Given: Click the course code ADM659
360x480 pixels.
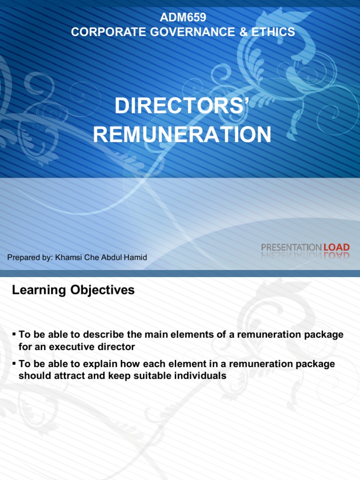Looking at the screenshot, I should point(183,18).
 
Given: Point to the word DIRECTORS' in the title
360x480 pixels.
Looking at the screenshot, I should point(181,106).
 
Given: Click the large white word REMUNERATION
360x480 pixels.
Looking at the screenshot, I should point(182,135).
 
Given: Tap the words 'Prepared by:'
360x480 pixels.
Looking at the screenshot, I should point(30,257).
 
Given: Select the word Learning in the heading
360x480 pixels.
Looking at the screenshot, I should point(39,290).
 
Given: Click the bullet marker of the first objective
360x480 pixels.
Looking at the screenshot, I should point(14,334).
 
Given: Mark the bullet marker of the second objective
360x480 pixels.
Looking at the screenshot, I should point(14,364).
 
